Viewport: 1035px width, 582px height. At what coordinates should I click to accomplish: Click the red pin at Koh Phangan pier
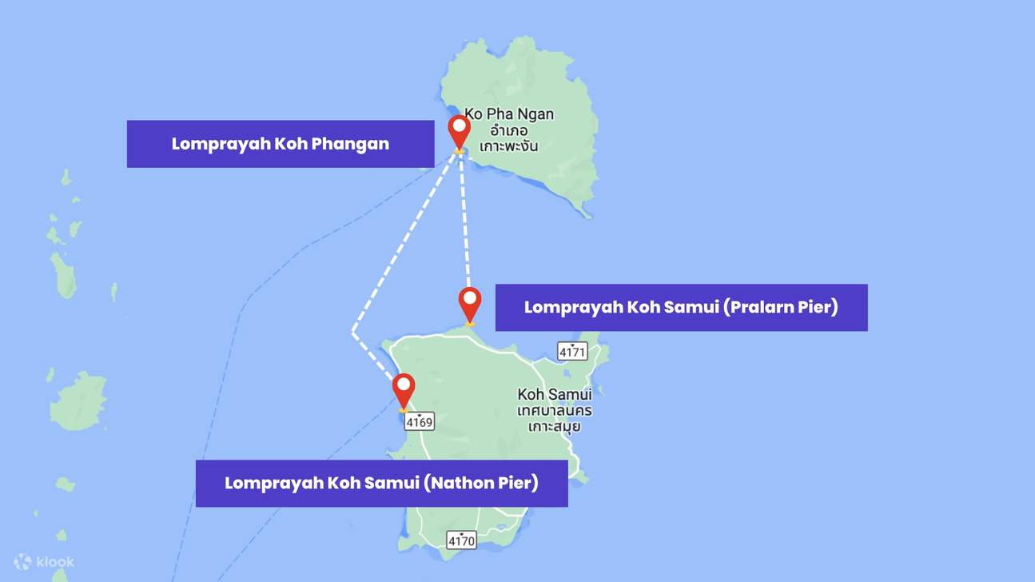tap(459, 130)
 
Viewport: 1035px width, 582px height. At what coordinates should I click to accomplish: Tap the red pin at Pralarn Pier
tap(470, 302)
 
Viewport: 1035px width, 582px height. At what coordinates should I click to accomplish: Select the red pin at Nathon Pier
tap(404, 389)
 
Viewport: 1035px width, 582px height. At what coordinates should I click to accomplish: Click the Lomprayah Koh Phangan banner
tap(280, 144)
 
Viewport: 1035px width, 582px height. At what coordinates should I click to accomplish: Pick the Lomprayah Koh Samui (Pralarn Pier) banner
tap(681, 307)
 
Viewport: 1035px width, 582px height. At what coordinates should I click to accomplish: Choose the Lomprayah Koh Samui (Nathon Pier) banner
tap(381, 483)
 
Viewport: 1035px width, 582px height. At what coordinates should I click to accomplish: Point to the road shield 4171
tap(572, 351)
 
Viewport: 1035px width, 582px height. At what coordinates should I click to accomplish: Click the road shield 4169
tap(419, 421)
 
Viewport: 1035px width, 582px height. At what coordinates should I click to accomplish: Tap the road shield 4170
tap(461, 540)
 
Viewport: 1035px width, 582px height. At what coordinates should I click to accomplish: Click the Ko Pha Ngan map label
tap(509, 114)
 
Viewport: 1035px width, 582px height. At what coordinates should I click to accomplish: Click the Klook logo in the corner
tap(45, 562)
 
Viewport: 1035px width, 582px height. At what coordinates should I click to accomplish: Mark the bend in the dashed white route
tap(352, 332)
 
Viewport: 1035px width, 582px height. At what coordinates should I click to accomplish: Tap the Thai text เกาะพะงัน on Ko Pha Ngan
tap(508, 146)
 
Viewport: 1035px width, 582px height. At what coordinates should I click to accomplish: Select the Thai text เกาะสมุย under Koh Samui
tap(555, 426)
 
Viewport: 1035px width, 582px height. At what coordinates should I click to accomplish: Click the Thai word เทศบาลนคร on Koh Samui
tap(555, 410)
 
